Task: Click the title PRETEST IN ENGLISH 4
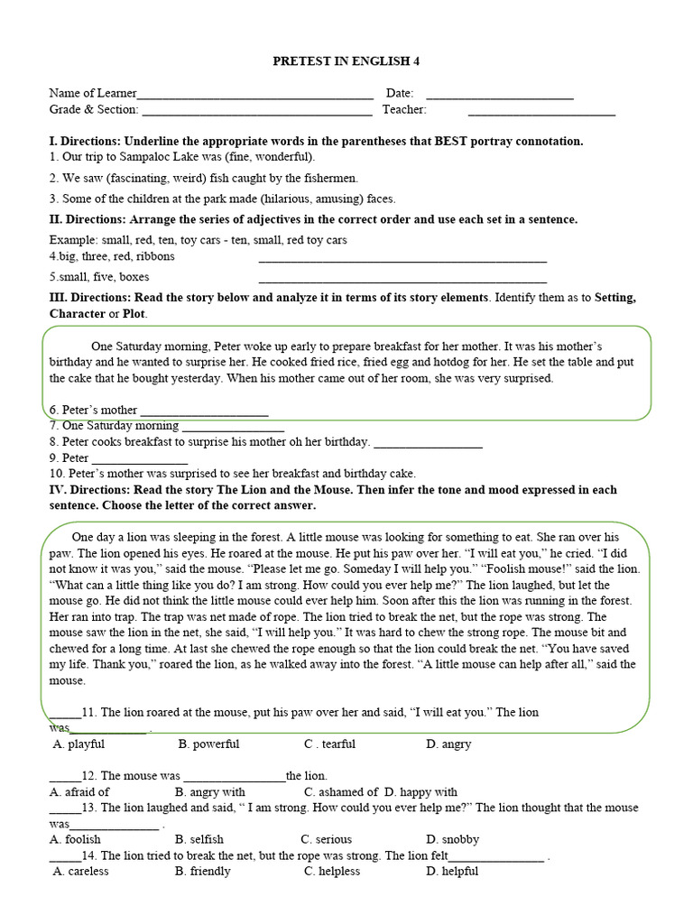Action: (x=346, y=61)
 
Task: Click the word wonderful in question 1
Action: (x=283, y=157)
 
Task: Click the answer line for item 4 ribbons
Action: (x=402, y=261)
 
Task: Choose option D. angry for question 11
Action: (x=448, y=744)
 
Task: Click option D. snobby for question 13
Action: (x=453, y=839)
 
